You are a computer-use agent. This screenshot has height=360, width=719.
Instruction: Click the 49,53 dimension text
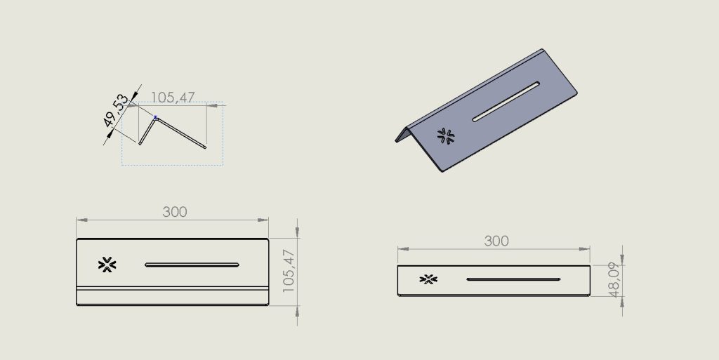click(x=116, y=110)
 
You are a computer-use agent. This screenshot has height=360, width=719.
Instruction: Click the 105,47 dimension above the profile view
click(x=173, y=97)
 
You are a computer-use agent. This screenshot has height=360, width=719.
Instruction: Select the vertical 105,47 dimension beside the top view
click(x=288, y=271)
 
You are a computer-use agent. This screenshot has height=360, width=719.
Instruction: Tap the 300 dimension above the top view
click(x=175, y=212)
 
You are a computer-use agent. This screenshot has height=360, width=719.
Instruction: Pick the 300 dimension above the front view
click(x=496, y=241)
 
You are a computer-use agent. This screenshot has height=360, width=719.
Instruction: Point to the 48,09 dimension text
click(x=614, y=279)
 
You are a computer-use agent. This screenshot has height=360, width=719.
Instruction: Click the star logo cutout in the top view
click(x=107, y=265)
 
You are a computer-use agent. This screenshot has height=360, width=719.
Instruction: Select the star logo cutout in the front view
click(x=428, y=279)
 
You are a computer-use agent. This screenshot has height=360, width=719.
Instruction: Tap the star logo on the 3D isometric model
click(x=446, y=136)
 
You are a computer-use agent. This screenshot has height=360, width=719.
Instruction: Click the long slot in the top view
click(x=192, y=265)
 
